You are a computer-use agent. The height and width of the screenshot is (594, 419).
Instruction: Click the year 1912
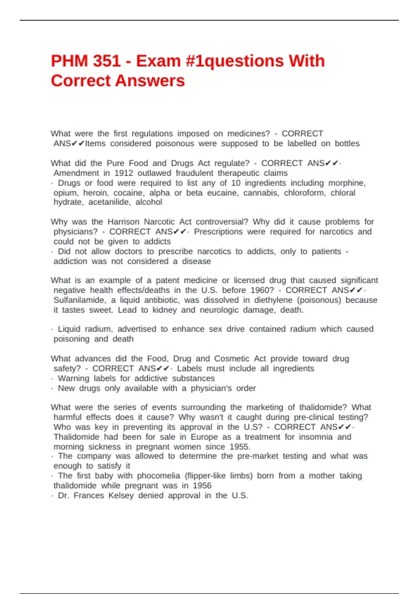point(124,173)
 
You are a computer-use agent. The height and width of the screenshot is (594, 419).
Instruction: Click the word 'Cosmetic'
point(231,358)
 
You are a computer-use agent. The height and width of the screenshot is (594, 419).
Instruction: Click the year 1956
point(202,486)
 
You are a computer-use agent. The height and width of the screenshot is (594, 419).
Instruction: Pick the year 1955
point(240,447)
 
